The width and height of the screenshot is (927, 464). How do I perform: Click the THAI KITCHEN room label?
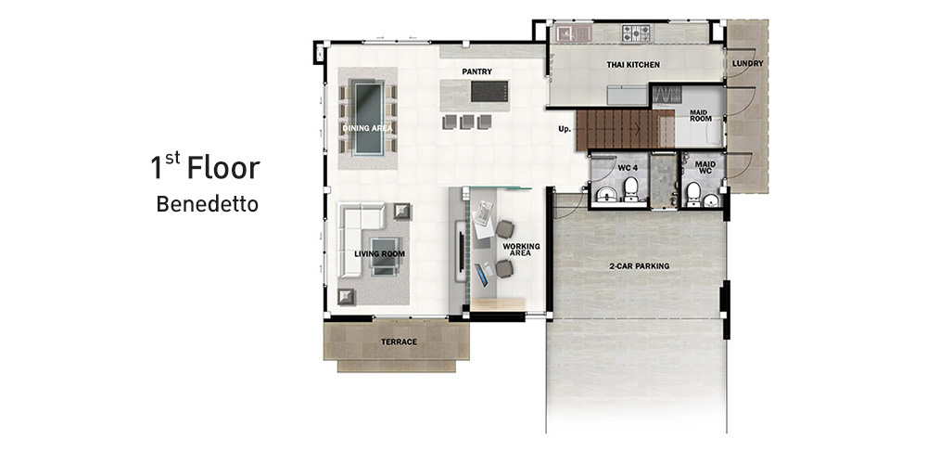633,65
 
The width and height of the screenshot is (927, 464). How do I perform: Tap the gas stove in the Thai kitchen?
636,32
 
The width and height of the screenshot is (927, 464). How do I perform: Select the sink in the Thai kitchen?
573,32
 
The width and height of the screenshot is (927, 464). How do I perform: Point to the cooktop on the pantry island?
489,91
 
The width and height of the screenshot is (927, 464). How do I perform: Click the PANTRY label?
477,71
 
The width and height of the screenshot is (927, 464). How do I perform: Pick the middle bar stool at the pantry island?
467,122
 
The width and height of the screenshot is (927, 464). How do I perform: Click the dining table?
368,118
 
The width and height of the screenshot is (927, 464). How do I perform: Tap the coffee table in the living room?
385,256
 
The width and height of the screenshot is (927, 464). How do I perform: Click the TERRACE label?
399,342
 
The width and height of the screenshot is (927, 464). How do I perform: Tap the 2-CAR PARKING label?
639,265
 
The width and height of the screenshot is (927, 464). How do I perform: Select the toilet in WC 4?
630,188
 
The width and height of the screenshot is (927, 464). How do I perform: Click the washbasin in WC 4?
604,194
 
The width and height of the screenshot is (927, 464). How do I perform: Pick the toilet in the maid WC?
692,193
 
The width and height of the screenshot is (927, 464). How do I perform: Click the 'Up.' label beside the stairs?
564,128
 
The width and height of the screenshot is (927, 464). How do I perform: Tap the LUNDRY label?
747,63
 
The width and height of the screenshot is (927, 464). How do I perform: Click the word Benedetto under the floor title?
207,204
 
